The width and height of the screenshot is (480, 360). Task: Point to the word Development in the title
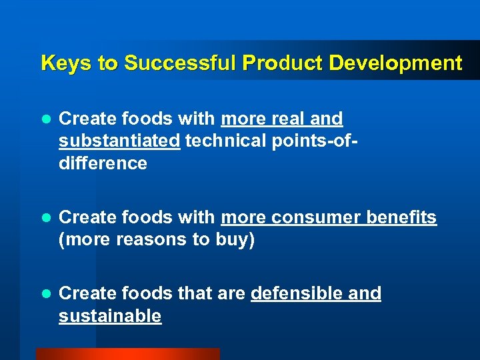(395, 63)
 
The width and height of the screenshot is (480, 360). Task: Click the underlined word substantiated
(119, 141)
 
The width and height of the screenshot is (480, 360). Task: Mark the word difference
(103, 164)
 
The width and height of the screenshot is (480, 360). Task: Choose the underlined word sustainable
(110, 316)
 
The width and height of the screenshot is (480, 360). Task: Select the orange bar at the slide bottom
(127, 354)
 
